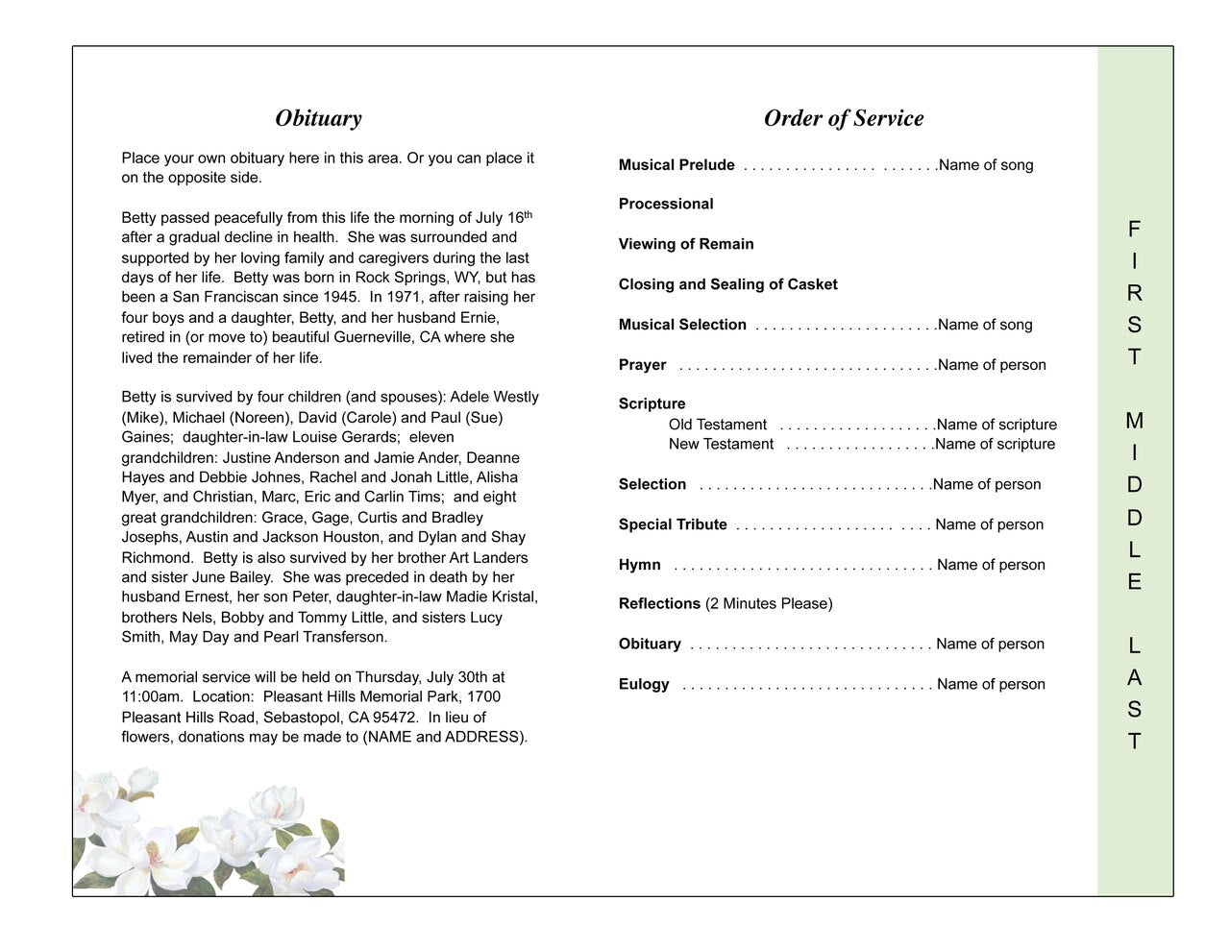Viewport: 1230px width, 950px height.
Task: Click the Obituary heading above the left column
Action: [x=318, y=118]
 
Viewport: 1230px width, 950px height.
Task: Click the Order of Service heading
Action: [x=843, y=118]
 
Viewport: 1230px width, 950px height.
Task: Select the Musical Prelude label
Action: [x=676, y=165]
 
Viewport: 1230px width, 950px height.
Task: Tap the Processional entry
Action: [x=666, y=204]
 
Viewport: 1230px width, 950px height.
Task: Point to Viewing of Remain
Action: [x=686, y=244]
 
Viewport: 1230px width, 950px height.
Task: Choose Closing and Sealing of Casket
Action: [x=727, y=284]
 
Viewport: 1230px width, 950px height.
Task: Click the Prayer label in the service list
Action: [x=642, y=365]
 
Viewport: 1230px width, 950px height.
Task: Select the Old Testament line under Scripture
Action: [x=718, y=425]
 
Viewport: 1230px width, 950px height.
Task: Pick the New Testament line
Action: [x=721, y=444]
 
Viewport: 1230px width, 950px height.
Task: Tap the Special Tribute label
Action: [x=673, y=524]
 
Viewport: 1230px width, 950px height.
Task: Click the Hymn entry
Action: [x=640, y=565]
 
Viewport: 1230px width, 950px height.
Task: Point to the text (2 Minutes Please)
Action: [x=769, y=603]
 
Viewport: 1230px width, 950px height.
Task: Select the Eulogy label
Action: [x=644, y=684]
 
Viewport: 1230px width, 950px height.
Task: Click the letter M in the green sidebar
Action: [x=1135, y=421]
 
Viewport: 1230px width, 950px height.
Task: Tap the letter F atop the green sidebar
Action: [x=1135, y=230]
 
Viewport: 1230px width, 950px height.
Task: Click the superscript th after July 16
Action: [x=527, y=214]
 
